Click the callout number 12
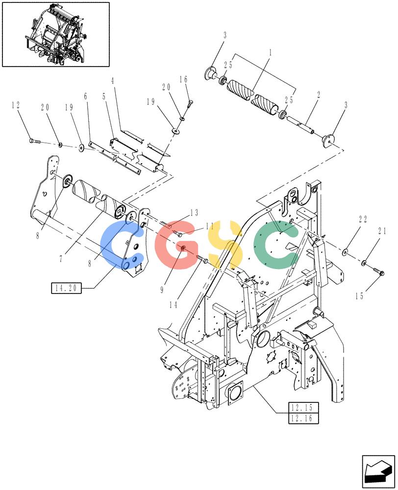pyautogui.click(x=16, y=105)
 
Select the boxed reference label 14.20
pyautogui.click(x=66, y=288)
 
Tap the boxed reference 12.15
pyautogui.click(x=303, y=408)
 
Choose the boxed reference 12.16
pyautogui.click(x=303, y=418)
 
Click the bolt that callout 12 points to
pyautogui.click(x=35, y=142)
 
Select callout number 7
pyautogui.click(x=61, y=259)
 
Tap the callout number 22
pyautogui.click(x=363, y=220)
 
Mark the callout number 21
pyautogui.click(x=382, y=231)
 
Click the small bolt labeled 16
pyautogui.click(x=190, y=103)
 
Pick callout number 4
pyautogui.click(x=113, y=81)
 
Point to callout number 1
pyautogui.click(x=271, y=52)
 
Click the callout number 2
pyautogui.click(x=318, y=95)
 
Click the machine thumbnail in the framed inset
pyautogui.click(x=56, y=34)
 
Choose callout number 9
pyautogui.click(x=162, y=290)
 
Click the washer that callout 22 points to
pyautogui.click(x=345, y=251)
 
